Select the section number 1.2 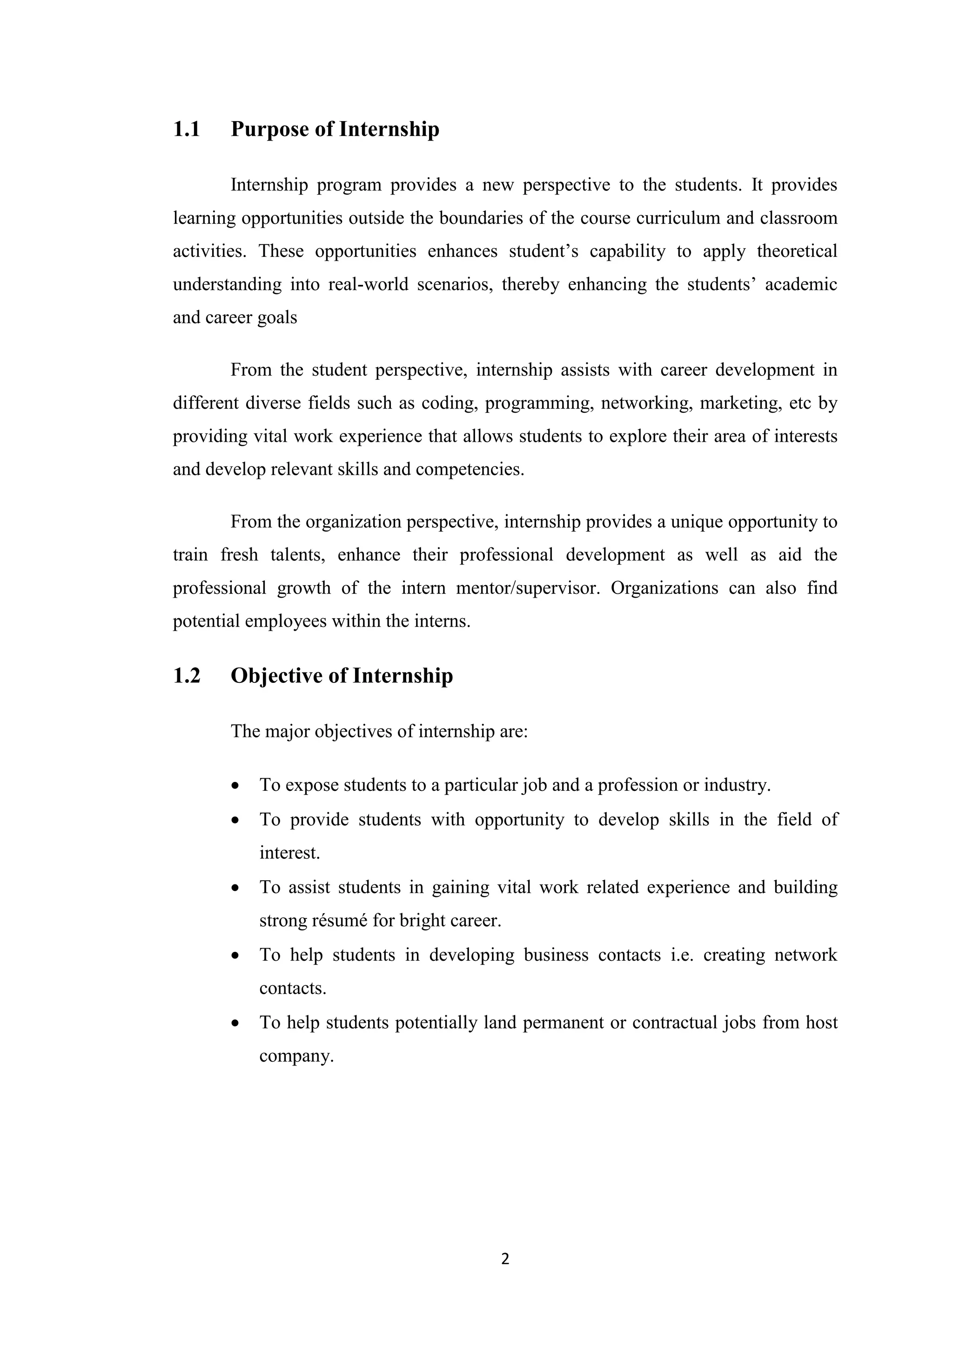click(x=187, y=676)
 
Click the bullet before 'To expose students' click(x=235, y=786)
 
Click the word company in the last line click(x=296, y=1056)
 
